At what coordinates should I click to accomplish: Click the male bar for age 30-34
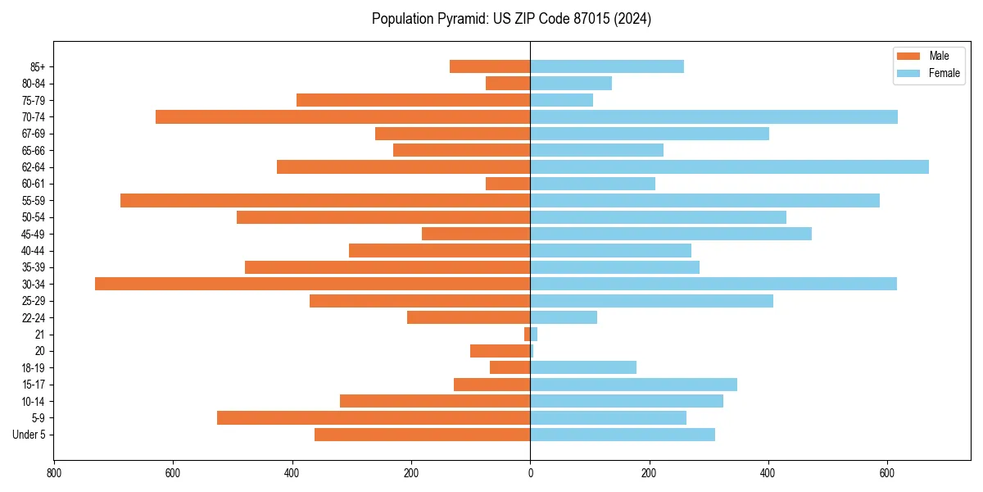pyautogui.click(x=312, y=284)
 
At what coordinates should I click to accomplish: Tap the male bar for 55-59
pyautogui.click(x=325, y=200)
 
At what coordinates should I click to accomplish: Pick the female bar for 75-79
pyautogui.click(x=561, y=100)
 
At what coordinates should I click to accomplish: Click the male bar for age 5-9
pyautogui.click(x=374, y=417)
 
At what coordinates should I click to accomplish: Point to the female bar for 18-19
pyautogui.click(x=583, y=367)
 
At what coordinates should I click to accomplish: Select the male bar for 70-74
pyautogui.click(x=342, y=116)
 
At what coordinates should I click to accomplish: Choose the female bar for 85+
pyautogui.click(x=607, y=66)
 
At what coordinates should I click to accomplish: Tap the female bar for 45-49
pyautogui.click(x=671, y=234)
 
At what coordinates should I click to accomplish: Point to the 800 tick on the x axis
pyautogui.click(x=54, y=473)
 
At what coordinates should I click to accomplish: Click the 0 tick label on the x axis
pyautogui.click(x=530, y=473)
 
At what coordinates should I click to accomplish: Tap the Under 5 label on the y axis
pyautogui.click(x=29, y=435)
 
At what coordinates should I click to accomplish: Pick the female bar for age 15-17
pyautogui.click(x=633, y=384)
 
